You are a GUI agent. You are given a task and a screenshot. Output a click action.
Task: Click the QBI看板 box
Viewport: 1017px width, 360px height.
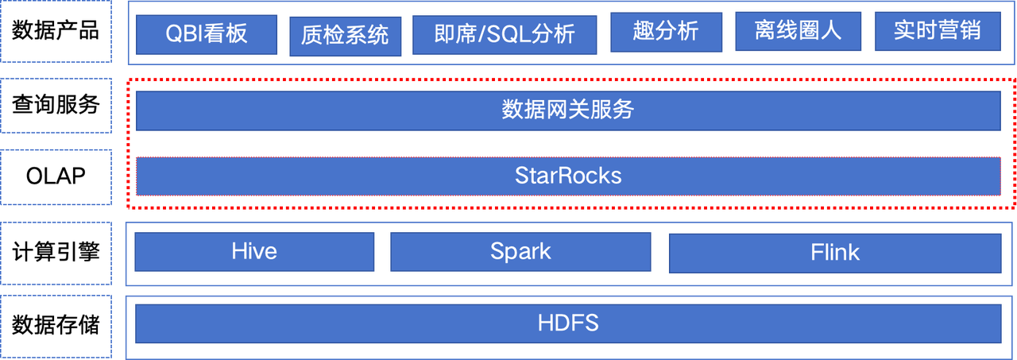click(207, 34)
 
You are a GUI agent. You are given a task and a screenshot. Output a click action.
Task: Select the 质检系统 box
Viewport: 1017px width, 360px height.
click(346, 37)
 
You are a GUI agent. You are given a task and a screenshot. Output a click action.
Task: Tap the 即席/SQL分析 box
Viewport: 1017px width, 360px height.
click(505, 35)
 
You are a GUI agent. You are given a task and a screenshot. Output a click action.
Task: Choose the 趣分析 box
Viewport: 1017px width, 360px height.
click(666, 33)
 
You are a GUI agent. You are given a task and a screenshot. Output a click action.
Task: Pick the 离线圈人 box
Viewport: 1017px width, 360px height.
click(799, 31)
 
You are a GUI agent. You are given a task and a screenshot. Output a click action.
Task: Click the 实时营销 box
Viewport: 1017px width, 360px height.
click(938, 31)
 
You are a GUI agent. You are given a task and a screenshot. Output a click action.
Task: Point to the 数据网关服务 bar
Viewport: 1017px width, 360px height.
click(568, 110)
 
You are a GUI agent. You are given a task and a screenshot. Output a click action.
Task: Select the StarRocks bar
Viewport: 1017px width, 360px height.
click(568, 176)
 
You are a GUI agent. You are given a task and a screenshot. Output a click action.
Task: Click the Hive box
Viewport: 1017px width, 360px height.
click(254, 252)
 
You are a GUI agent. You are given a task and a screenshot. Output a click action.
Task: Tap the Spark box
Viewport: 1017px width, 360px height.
click(520, 252)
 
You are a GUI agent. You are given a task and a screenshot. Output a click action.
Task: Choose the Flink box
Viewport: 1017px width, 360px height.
click(835, 254)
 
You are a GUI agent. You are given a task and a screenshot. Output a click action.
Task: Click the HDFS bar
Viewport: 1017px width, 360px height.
click(568, 323)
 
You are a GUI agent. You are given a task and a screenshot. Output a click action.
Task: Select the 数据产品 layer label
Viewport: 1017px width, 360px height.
click(56, 31)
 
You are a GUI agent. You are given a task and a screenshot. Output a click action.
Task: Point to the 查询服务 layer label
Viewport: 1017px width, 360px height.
click(56, 106)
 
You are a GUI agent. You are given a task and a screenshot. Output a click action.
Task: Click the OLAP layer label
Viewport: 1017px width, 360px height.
click(56, 177)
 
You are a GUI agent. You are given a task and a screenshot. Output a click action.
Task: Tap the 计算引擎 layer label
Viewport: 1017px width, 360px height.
click(56, 254)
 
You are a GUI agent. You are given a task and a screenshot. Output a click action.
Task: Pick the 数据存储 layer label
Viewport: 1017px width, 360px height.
click(56, 327)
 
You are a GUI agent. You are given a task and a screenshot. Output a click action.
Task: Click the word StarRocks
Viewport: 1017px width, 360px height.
click(568, 176)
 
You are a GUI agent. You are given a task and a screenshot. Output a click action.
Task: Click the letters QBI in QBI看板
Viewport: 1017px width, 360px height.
click(183, 34)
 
